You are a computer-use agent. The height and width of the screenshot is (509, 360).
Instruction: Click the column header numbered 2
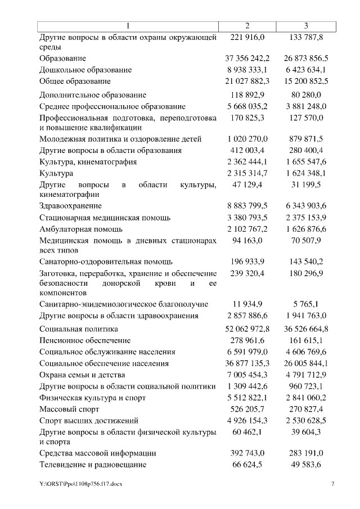[x=247, y=26]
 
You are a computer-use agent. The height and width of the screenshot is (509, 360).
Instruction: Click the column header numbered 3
[x=305, y=26]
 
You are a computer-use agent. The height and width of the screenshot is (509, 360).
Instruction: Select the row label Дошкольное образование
[x=85, y=70]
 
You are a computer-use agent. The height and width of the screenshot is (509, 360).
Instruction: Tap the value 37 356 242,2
[x=247, y=58]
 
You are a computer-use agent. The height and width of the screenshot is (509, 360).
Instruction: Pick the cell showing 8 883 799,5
[x=247, y=206]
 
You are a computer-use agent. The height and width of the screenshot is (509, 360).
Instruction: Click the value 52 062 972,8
[x=247, y=329]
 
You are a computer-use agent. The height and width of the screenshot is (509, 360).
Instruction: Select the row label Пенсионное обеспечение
[x=85, y=340]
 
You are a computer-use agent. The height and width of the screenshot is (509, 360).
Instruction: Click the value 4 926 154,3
[x=247, y=421]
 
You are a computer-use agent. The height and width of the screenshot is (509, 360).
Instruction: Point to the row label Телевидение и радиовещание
[x=93, y=465]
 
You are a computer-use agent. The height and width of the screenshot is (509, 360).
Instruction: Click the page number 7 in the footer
[x=332, y=484]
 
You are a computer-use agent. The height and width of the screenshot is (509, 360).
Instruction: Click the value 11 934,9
[x=247, y=304]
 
